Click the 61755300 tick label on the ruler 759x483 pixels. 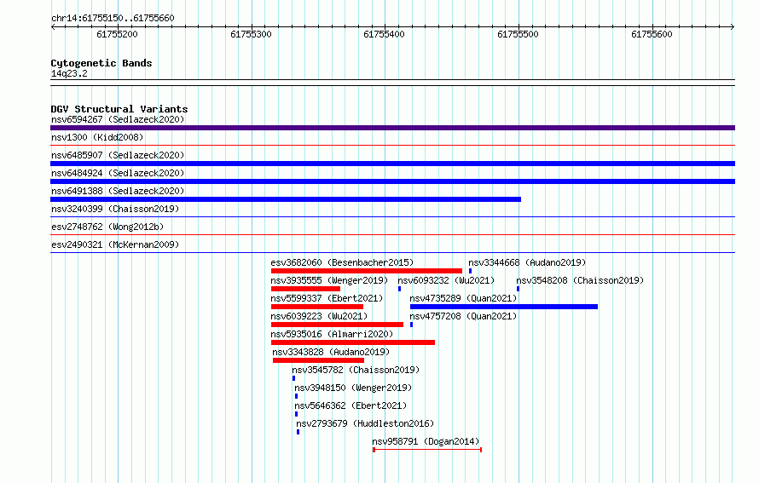pyautogui.click(x=251, y=34)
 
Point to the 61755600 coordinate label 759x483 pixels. pyautogui.click(x=652, y=34)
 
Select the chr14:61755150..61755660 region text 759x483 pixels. pyautogui.click(x=113, y=19)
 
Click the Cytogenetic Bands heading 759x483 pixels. pyautogui.click(x=101, y=63)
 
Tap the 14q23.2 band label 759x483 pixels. pyautogui.click(x=69, y=73)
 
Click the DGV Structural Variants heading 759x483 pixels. pyautogui.click(x=119, y=109)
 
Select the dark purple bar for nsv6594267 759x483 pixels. pyautogui.click(x=392, y=128)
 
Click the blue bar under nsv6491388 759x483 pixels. pyautogui.click(x=286, y=199)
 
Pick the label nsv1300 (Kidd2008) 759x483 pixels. pyautogui.click(x=97, y=137)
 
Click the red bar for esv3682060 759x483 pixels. pyautogui.click(x=367, y=271)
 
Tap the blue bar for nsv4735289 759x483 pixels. pyautogui.click(x=504, y=307)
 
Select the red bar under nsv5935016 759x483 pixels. pyautogui.click(x=353, y=342)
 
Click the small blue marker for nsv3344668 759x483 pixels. pyautogui.click(x=470, y=271)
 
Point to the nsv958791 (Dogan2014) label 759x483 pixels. pyautogui.click(x=426, y=441)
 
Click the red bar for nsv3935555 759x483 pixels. pyautogui.click(x=305, y=289)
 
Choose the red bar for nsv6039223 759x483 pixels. pyautogui.click(x=337, y=325)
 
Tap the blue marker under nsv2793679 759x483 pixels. pyautogui.click(x=298, y=432)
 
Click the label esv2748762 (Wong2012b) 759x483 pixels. pyautogui.click(x=107, y=227)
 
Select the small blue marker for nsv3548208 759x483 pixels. pyautogui.click(x=518, y=289)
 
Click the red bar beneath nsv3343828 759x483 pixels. pyautogui.click(x=318, y=360)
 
